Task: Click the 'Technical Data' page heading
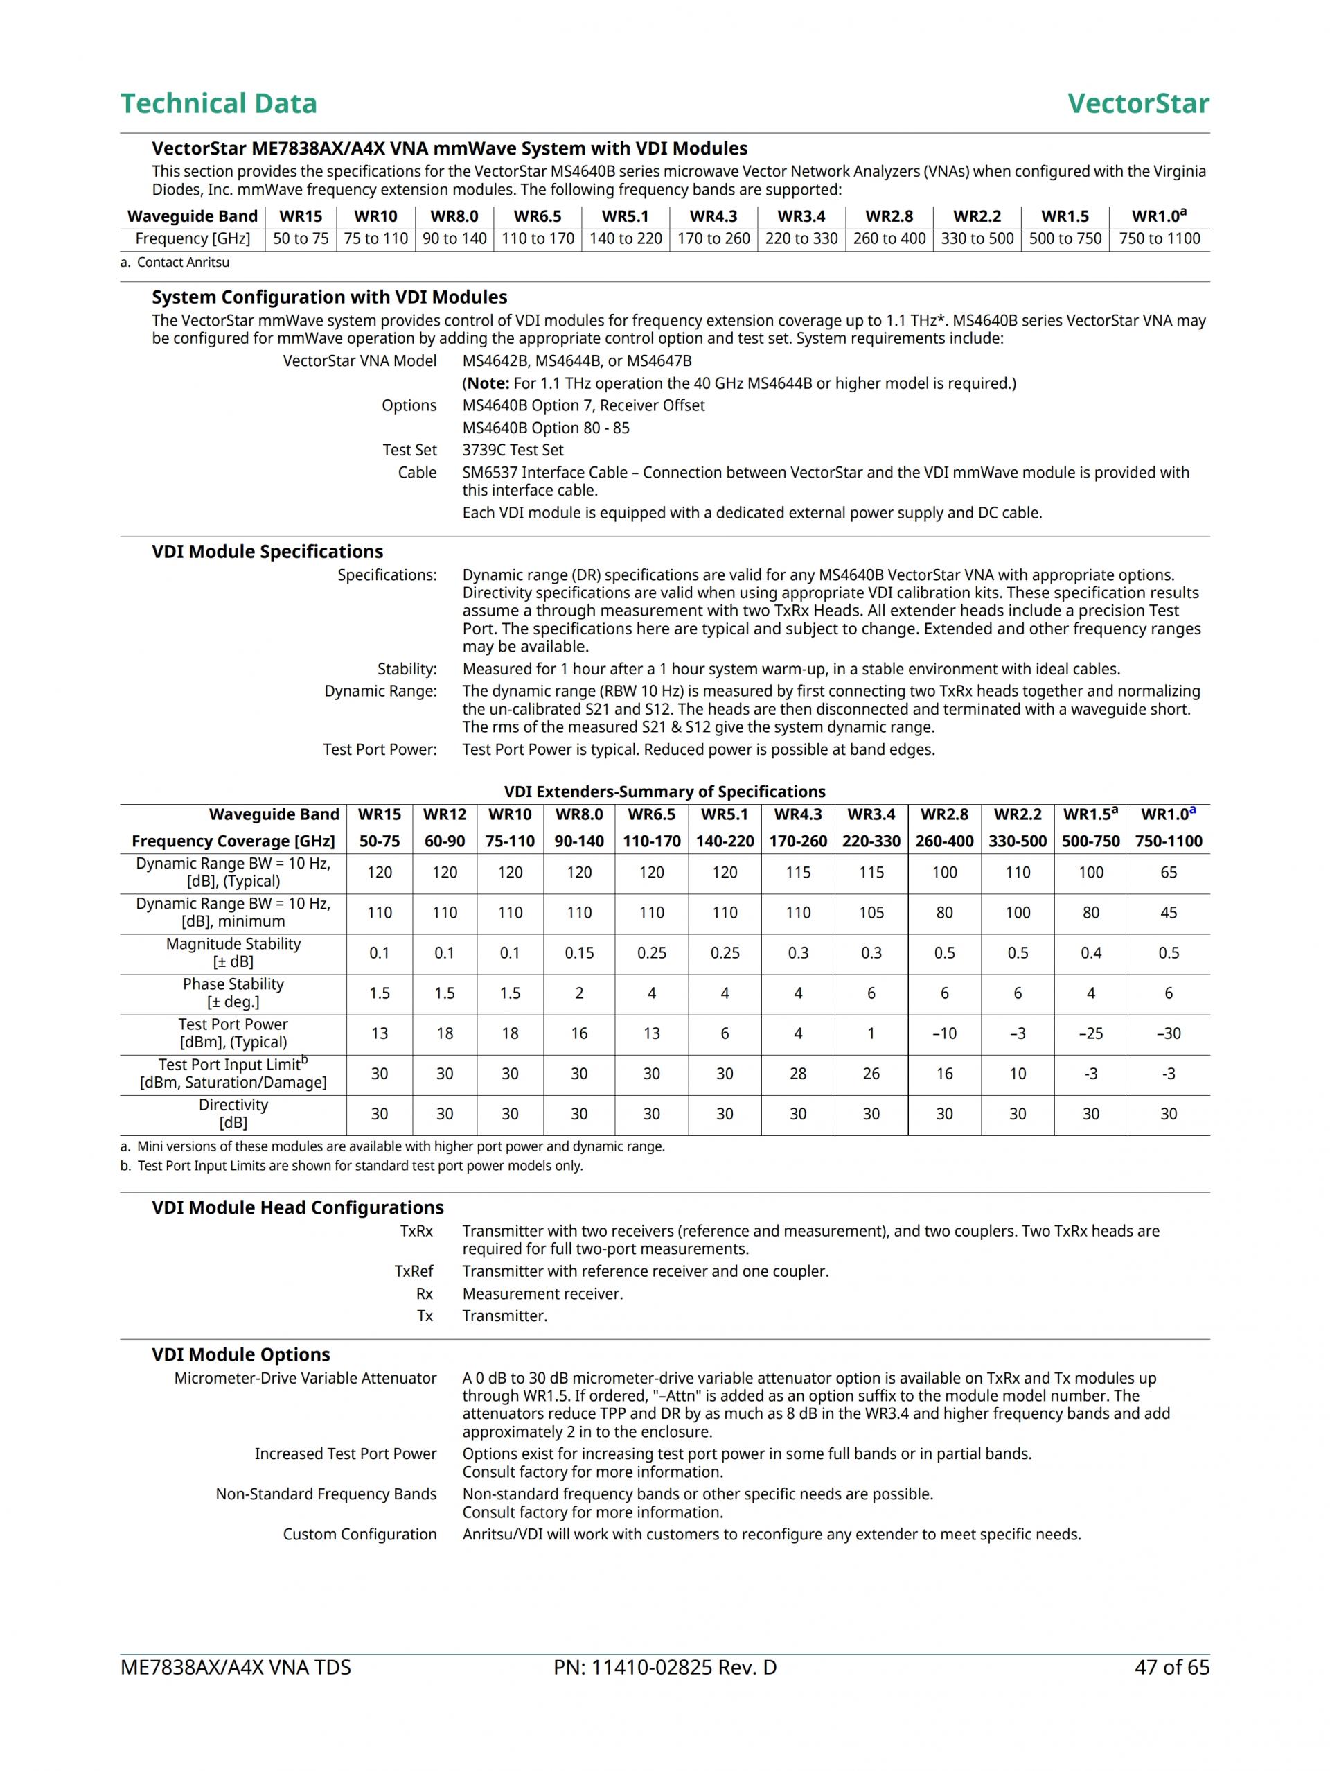click(x=218, y=103)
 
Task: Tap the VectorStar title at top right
click(x=1137, y=103)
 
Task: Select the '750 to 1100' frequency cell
click(x=1159, y=238)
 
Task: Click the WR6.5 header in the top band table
click(x=537, y=216)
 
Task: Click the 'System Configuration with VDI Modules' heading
click(x=329, y=297)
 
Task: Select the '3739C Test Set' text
click(x=513, y=450)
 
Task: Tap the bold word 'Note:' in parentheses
click(x=488, y=383)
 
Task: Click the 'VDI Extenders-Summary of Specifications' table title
click(x=664, y=792)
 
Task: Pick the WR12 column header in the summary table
click(x=444, y=814)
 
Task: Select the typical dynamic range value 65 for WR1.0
click(x=1169, y=873)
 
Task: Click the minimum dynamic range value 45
click(x=1169, y=913)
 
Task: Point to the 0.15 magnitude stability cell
click(x=578, y=953)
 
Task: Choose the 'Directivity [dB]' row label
click(x=233, y=1114)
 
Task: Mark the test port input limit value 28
click(x=798, y=1074)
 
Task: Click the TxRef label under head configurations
click(x=414, y=1271)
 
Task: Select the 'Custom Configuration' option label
click(x=360, y=1534)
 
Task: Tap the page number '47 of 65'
click(x=1171, y=1668)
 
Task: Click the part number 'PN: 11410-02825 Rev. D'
click(x=664, y=1668)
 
